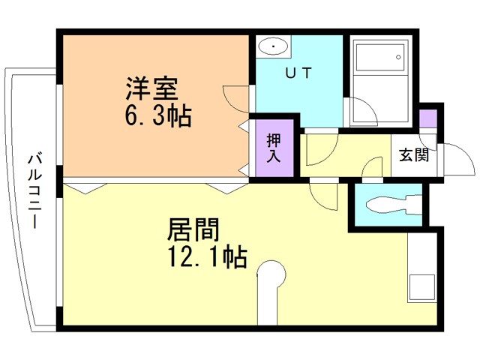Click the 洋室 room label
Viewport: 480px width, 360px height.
[151, 88]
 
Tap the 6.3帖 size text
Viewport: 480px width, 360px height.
[158, 116]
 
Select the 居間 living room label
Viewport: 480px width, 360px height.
[193, 229]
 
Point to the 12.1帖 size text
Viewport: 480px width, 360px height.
[208, 256]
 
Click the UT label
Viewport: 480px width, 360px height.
[298, 73]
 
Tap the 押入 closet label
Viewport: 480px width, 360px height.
[274, 148]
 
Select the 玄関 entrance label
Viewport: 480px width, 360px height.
[414, 155]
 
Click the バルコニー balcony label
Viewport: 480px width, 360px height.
[35, 190]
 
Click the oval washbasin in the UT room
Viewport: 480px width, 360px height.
[273, 46]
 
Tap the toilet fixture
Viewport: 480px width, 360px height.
[394, 204]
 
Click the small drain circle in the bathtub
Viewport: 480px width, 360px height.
[398, 57]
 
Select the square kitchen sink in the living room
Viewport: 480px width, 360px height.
[422, 287]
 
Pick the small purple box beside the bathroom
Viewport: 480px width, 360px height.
[427, 118]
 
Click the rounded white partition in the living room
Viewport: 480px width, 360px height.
[268, 292]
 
